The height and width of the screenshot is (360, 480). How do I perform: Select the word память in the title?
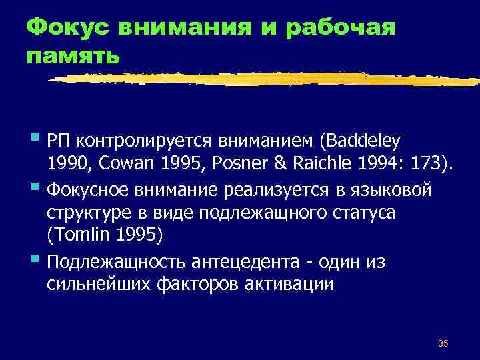pos(74,56)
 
